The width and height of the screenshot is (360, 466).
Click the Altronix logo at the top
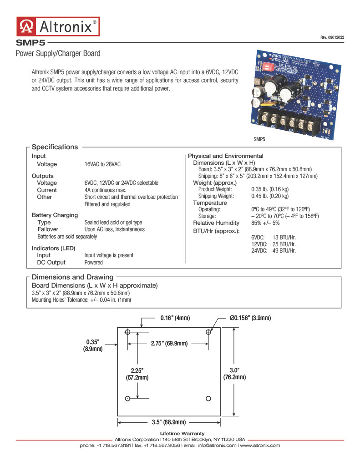tap(58, 26)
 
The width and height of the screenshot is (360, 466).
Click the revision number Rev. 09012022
tap(332, 37)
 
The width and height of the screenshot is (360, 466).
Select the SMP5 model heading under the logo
tap(30, 43)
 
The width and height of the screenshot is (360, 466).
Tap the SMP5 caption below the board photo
tap(259, 139)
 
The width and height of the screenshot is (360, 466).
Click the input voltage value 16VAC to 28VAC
tap(102, 164)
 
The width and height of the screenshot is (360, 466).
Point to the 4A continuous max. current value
tap(105, 190)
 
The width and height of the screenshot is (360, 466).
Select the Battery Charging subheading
tap(55, 215)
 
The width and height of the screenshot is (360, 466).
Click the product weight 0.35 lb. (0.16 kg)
tap(270, 189)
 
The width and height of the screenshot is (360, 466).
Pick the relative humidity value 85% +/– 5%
tap(265, 223)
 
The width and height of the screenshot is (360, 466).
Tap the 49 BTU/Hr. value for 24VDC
tap(284, 251)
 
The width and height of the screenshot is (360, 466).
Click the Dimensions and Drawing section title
tap(72, 277)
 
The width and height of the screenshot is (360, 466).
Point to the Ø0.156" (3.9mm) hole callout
tap(250, 318)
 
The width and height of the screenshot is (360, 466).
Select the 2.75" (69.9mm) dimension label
tap(169, 344)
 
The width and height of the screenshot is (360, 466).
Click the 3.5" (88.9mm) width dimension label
tap(169, 422)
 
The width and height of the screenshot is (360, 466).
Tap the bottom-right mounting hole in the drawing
tap(208, 399)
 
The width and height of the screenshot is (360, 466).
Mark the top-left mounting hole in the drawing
tap(127, 332)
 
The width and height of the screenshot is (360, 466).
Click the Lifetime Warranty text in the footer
tap(182, 433)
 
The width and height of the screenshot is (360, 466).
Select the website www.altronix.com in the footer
tap(260, 445)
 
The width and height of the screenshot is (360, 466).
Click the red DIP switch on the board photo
tap(266, 66)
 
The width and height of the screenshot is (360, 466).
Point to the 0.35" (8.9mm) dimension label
tap(93, 345)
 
